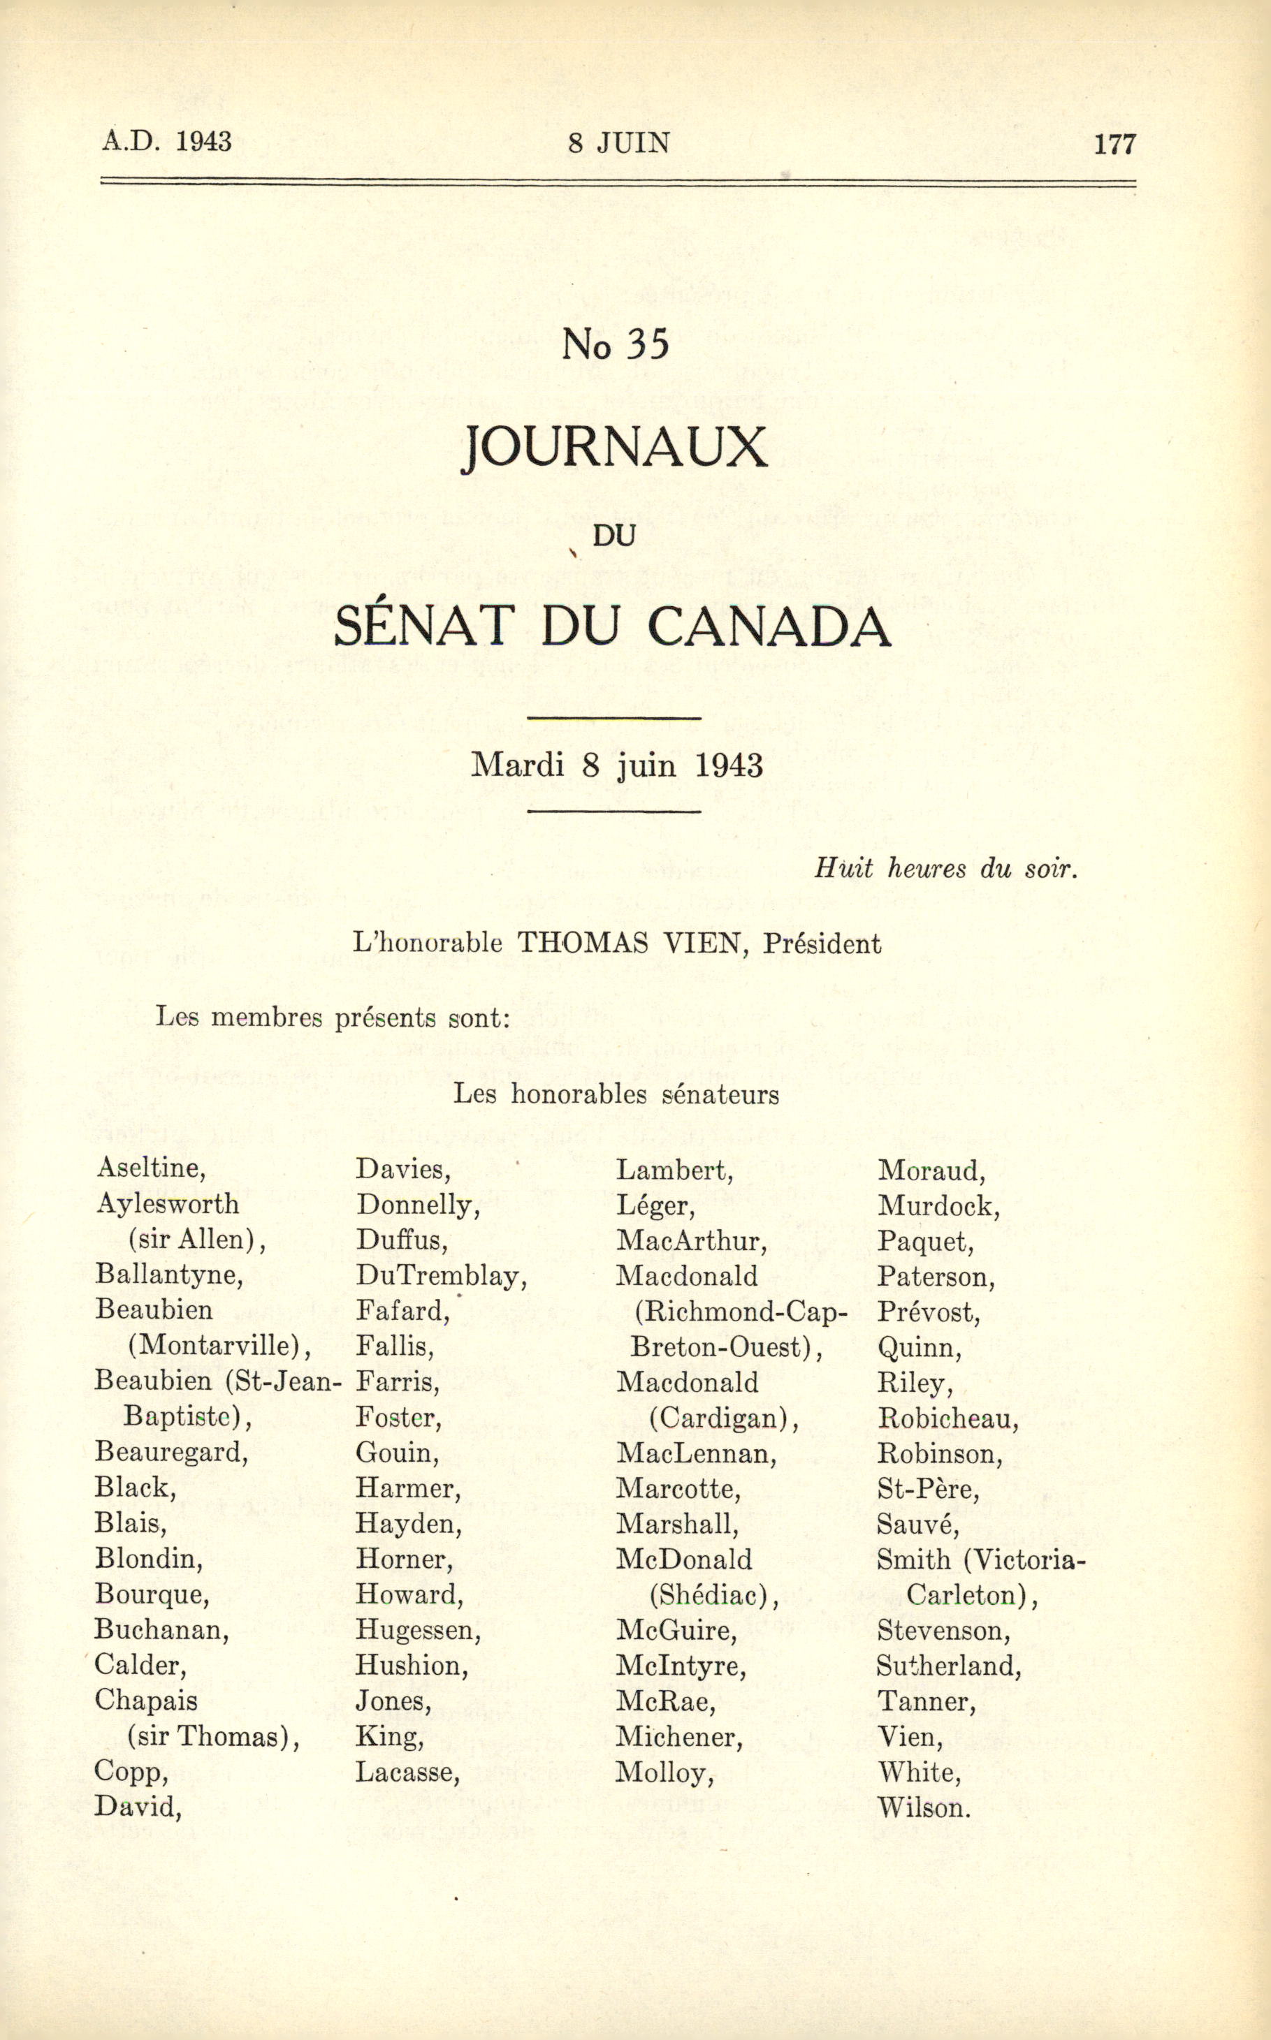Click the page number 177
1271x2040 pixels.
click(1114, 144)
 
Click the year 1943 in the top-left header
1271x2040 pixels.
click(203, 141)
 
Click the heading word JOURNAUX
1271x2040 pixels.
click(614, 448)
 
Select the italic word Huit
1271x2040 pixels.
click(843, 868)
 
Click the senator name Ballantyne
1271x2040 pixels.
click(169, 1275)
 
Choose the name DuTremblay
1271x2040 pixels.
click(440, 1276)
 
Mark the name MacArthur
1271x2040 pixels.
click(691, 1240)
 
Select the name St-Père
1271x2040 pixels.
click(928, 1489)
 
